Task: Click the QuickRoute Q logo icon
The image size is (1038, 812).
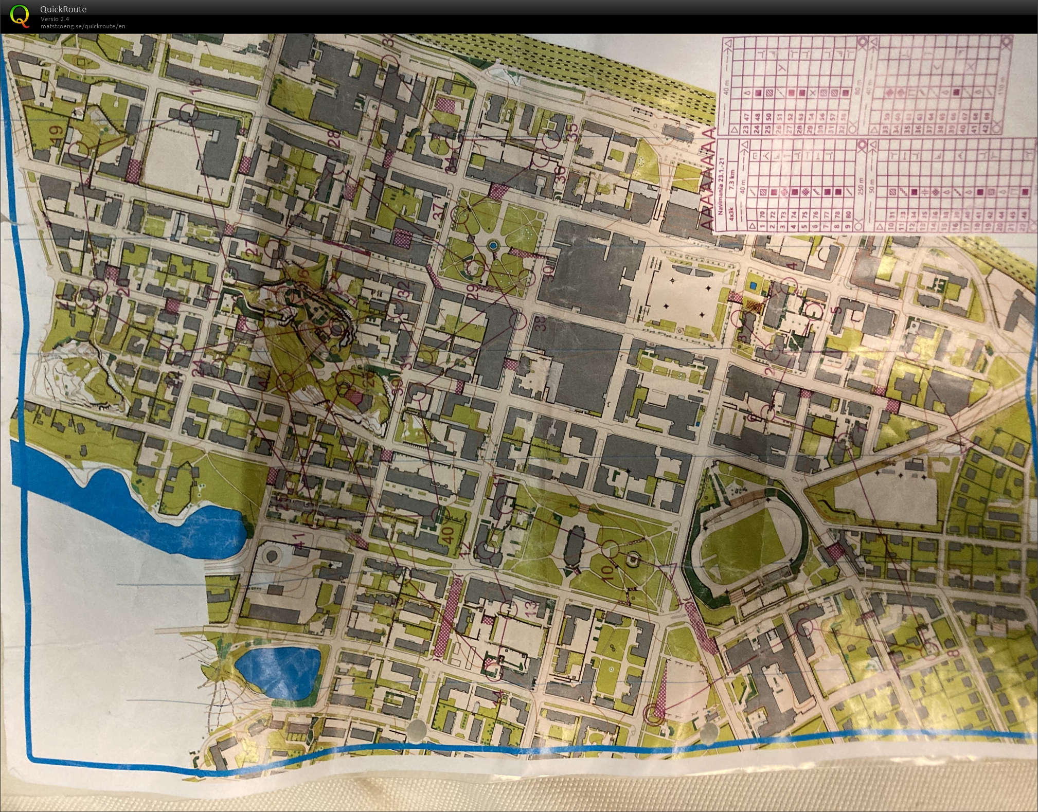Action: [x=20, y=15]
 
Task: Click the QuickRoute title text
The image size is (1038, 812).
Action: [x=63, y=9]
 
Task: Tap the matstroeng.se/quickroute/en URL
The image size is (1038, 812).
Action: [x=83, y=26]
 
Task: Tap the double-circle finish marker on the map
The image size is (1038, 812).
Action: [x=653, y=712]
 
